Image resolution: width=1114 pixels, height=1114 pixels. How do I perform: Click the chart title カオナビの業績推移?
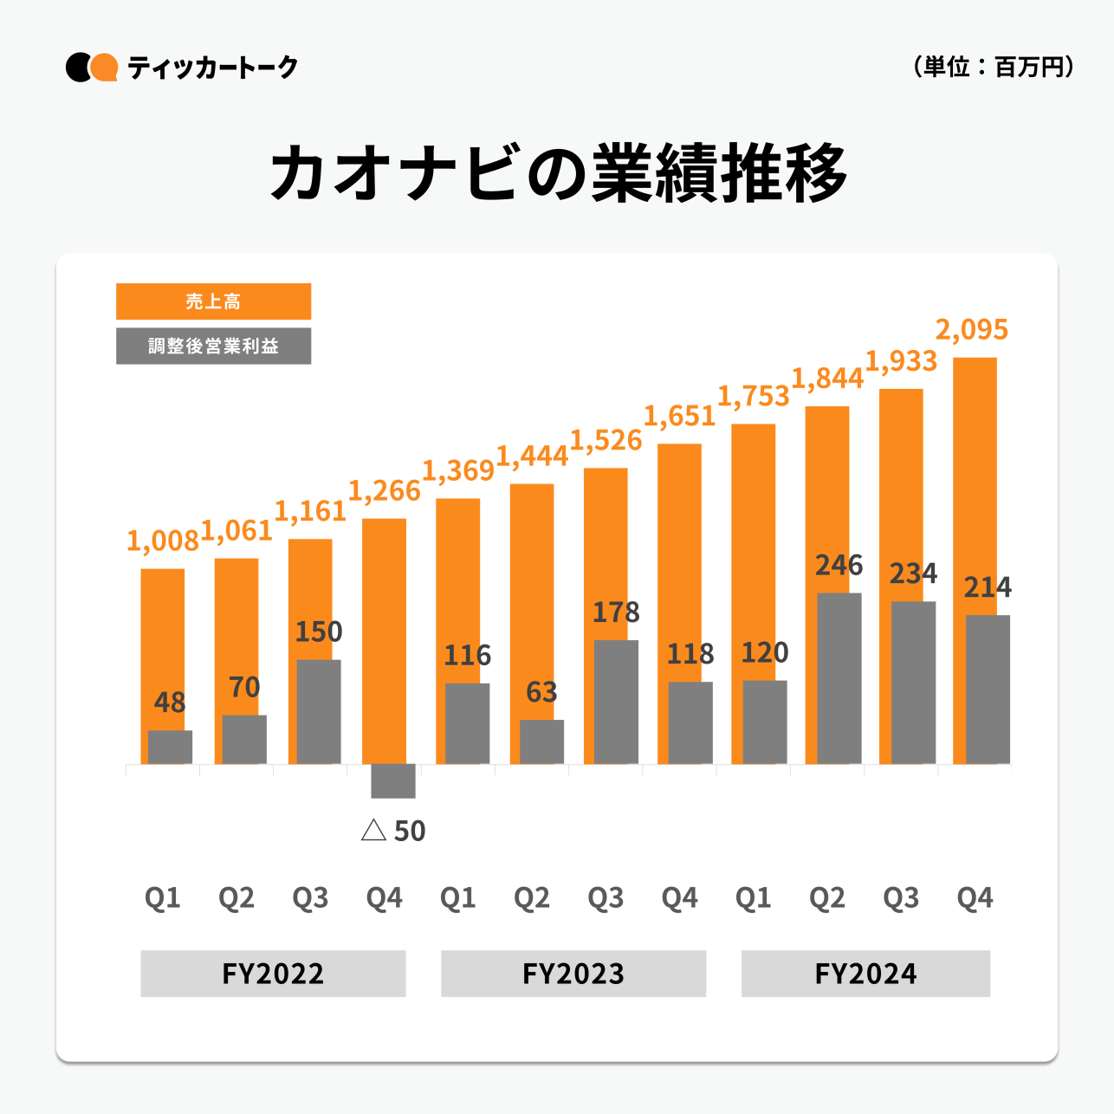click(559, 173)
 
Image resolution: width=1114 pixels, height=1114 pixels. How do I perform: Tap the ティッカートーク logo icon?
click(92, 68)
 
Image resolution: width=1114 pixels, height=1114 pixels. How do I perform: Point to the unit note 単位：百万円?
click(994, 67)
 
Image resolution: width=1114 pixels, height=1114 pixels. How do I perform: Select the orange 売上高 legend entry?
click(213, 301)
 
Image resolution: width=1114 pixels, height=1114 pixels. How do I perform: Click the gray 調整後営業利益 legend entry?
click(213, 346)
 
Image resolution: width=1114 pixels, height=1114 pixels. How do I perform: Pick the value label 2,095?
click(972, 330)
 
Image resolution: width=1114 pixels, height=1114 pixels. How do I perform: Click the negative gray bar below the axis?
click(393, 780)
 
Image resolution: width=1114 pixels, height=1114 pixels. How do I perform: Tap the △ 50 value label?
click(393, 832)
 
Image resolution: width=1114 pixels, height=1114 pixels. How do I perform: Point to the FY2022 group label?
click(273, 974)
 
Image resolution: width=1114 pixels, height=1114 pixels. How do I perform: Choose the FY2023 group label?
click(573, 974)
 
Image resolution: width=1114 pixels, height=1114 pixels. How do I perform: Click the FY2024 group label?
click(865, 974)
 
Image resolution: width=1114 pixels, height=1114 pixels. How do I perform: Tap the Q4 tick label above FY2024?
click(975, 898)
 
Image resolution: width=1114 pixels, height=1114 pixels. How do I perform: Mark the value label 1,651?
click(679, 417)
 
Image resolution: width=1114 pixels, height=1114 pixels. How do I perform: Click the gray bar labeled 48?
click(171, 747)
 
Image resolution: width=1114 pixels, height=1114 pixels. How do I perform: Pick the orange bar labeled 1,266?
click(384, 641)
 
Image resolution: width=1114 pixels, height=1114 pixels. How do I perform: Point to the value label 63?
click(541, 693)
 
